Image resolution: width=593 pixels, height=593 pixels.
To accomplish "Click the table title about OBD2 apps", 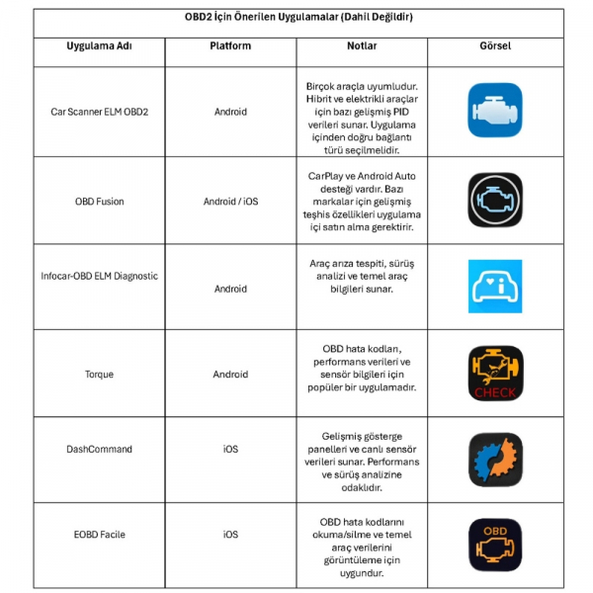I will click(x=296, y=18).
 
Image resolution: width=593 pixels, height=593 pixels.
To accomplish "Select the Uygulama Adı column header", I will click(x=99, y=46).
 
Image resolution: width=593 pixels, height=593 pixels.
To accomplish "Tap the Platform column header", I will click(x=230, y=46).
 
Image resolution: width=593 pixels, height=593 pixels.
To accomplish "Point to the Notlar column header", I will click(x=362, y=46).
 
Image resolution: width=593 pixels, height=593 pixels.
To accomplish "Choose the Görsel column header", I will click(x=494, y=46).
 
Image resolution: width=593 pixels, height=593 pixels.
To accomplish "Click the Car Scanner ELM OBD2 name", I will click(x=99, y=112).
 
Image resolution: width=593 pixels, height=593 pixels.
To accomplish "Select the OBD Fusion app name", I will click(x=99, y=201).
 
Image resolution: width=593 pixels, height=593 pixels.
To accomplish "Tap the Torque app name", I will click(x=99, y=374).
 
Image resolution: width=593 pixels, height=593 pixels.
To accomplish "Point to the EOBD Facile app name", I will click(x=99, y=535).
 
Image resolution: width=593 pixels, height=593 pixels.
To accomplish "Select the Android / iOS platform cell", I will click(x=230, y=201).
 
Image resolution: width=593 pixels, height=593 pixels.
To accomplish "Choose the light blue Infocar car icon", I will click(x=494, y=287).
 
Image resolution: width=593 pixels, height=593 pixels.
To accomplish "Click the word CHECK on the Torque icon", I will click(x=494, y=392).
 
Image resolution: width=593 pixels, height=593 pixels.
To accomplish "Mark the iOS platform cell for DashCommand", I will click(x=230, y=449).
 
